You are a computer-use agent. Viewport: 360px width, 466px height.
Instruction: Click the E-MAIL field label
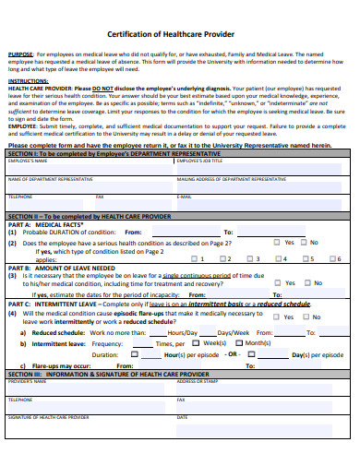[x=185, y=197]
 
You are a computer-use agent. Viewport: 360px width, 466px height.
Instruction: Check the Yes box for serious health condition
[x=277, y=243]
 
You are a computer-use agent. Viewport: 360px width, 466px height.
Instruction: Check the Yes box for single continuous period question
[x=277, y=283]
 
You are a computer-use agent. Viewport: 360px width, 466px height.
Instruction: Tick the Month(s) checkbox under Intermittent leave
[x=240, y=342]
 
